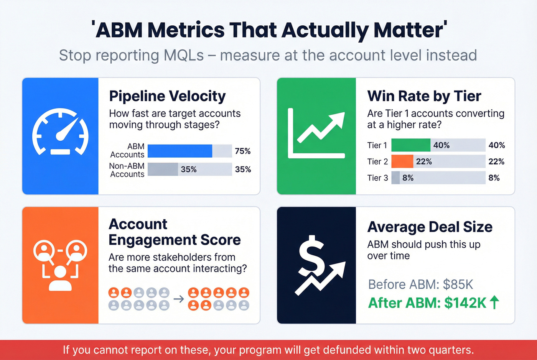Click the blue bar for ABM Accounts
click(x=180, y=151)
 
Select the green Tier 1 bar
click(x=410, y=145)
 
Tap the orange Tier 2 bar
click(x=402, y=161)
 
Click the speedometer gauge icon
click(x=60, y=132)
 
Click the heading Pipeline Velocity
click(x=167, y=96)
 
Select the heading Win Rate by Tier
click(x=424, y=96)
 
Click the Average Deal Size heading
click(x=430, y=227)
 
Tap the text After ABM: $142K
click(x=427, y=303)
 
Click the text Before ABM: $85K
click(x=420, y=284)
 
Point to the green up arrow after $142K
click(x=494, y=302)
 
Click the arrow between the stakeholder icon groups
click(x=179, y=299)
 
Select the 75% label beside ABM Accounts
click(x=242, y=151)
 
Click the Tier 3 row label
click(x=377, y=178)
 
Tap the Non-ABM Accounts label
click(x=127, y=170)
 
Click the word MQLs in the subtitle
click(x=184, y=55)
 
